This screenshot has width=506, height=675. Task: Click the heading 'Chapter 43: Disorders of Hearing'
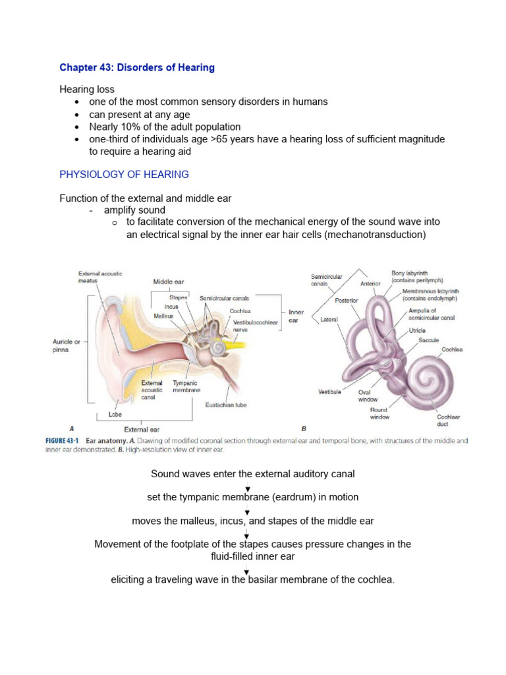point(137,68)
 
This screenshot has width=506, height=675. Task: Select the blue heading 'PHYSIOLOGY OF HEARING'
point(124,175)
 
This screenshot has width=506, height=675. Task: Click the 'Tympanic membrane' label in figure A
point(186,386)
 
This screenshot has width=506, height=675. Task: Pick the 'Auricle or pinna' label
point(67,345)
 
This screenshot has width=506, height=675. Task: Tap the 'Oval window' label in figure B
point(368,395)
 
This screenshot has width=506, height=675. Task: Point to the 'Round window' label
point(379,413)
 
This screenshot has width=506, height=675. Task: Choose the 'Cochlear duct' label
point(449,421)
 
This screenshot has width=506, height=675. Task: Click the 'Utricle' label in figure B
point(417,330)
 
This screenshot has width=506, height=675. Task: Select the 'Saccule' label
point(429,340)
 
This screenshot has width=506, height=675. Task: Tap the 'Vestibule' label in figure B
point(329,392)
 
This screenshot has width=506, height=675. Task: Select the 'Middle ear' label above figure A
point(169,281)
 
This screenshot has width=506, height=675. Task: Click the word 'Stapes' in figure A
point(179,298)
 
